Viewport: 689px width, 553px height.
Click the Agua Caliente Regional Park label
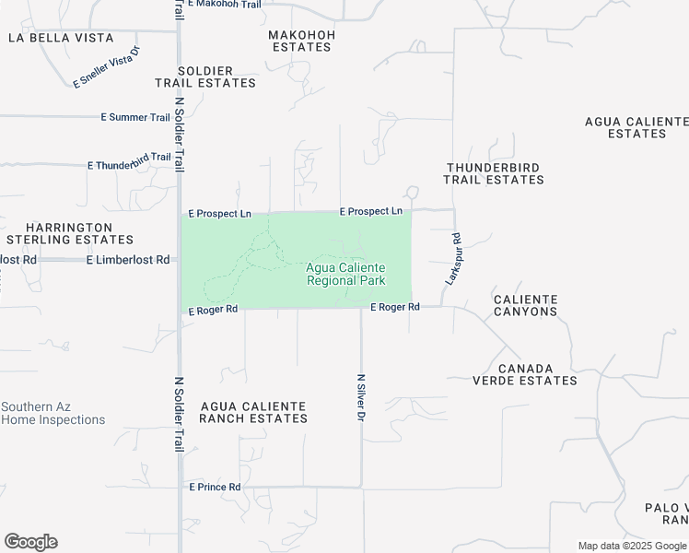coord(345,274)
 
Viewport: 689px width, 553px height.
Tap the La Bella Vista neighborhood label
coord(61,38)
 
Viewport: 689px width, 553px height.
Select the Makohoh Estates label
coord(301,41)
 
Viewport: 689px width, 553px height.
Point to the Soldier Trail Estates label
coord(205,76)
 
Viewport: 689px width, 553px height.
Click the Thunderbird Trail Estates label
coord(495,173)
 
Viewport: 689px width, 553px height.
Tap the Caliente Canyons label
coord(525,305)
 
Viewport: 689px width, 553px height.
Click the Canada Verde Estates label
coord(525,373)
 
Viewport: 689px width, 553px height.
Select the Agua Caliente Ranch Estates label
coord(253,412)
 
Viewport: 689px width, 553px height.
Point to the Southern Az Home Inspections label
coord(53,413)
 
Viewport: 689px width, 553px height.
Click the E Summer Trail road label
coord(135,117)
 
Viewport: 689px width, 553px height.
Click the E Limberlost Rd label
coord(128,260)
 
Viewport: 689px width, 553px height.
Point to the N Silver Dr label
coord(361,397)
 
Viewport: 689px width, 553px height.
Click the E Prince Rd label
coord(215,487)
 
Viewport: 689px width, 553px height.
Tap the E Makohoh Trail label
coord(224,4)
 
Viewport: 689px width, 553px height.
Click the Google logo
coord(30,542)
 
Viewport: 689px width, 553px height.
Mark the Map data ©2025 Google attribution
coord(633,546)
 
